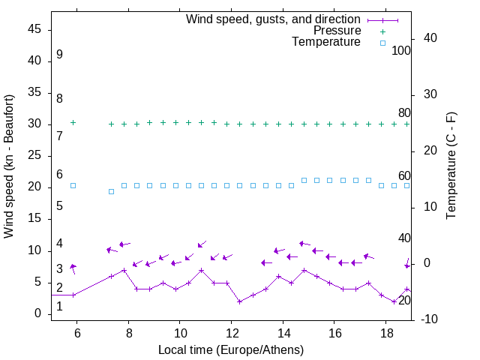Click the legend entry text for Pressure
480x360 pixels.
337,31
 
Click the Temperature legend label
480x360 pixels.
326,42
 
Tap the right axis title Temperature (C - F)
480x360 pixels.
451,166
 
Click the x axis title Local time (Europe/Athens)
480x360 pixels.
231,349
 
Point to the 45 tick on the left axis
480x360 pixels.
34,29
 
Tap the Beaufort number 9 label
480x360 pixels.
59,55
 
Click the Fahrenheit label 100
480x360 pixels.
401,50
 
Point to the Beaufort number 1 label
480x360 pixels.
59,306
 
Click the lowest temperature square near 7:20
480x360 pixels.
111,191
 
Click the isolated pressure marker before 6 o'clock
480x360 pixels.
73,122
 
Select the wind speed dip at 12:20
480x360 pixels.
239,301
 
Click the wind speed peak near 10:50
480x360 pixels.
201,270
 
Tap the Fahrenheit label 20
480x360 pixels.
404,300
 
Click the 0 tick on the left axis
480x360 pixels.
38,313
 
